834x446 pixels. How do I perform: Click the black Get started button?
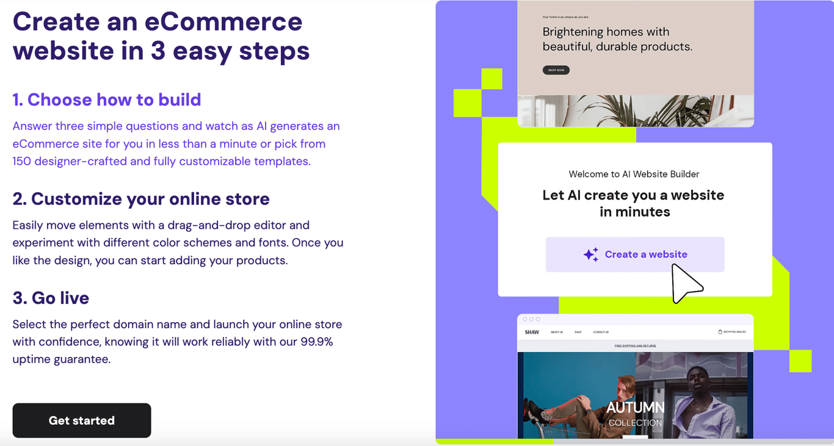pos(82,420)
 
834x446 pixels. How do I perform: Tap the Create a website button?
pos(635,254)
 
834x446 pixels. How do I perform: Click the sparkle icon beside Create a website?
pos(590,254)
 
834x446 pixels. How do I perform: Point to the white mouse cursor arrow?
pos(684,283)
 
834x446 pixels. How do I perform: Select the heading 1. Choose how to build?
pos(107,99)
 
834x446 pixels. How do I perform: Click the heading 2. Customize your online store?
pos(141,199)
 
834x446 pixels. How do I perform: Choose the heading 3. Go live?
pos(51,298)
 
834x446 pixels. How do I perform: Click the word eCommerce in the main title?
pos(223,22)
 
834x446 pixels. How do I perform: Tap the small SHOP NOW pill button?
pos(556,70)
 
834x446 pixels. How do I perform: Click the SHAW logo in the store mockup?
pos(532,333)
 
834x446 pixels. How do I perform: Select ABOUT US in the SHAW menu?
pos(557,333)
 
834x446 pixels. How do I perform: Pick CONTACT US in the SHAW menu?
pos(601,333)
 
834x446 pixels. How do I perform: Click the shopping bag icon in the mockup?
pos(720,332)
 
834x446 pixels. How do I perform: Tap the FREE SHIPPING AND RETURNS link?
pos(635,346)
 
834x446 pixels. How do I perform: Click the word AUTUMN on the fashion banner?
pos(635,407)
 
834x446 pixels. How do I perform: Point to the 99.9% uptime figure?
pos(316,342)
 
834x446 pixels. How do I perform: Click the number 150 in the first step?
pos(22,162)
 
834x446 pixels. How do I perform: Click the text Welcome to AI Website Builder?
pos(634,174)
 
